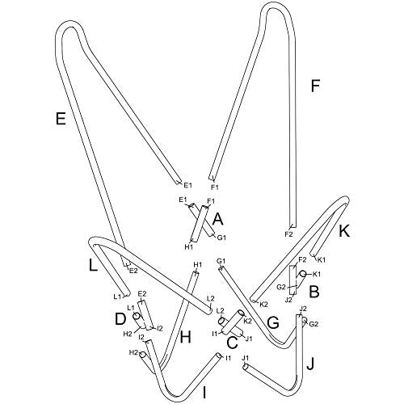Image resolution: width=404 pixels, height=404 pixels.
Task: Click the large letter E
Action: click(61, 119)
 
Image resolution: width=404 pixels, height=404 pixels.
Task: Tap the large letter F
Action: click(315, 86)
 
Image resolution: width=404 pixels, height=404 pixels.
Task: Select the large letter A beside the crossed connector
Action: click(218, 219)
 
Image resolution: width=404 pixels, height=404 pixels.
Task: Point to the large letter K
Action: click(344, 231)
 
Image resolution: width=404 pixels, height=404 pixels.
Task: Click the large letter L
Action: click(93, 264)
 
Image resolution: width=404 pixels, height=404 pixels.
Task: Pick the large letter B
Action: click(314, 292)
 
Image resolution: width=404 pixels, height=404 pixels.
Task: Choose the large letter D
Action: click(120, 319)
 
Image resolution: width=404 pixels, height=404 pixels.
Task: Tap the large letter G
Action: click(273, 323)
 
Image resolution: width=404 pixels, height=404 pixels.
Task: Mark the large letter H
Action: click(186, 337)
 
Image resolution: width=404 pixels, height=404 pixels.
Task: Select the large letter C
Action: click(232, 343)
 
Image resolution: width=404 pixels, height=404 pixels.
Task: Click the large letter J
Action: click(310, 364)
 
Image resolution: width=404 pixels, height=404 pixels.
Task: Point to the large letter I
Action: click(204, 392)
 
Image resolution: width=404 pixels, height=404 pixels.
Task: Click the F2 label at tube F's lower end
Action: click(288, 234)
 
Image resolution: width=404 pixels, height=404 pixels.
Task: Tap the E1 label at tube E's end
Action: click(187, 185)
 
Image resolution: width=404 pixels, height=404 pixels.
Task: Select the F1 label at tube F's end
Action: click(214, 187)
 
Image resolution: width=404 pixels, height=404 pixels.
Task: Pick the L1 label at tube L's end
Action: click(117, 297)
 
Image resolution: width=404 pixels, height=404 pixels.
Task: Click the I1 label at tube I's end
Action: click(228, 358)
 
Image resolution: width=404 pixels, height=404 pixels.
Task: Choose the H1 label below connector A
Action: click(189, 246)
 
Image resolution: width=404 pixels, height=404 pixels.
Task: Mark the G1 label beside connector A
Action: click(221, 238)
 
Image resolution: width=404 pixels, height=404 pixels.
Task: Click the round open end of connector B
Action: click(303, 274)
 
